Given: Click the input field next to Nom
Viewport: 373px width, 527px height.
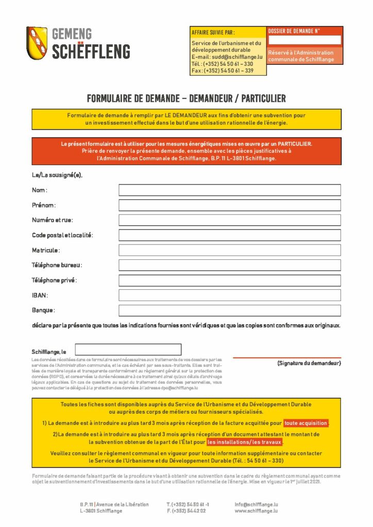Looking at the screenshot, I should point(229,190).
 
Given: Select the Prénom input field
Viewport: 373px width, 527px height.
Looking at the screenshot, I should point(229,205).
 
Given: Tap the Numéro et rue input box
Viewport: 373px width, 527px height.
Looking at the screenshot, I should point(229,220).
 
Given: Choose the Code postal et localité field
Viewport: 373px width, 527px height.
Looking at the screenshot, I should point(229,235).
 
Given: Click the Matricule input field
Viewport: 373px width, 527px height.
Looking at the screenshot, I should point(229,250).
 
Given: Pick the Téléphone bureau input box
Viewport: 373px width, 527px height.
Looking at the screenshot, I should point(229,265).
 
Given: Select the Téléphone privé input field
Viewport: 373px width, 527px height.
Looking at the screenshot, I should point(229,280).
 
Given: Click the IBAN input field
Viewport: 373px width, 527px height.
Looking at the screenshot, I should point(229,295).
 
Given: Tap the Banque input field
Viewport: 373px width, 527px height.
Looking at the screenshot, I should point(229,310).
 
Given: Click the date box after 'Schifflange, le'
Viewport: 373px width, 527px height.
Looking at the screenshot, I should point(128,349).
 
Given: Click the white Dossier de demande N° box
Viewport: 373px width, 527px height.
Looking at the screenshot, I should point(304,40).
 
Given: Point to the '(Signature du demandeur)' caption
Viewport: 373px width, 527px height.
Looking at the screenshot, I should point(309,363).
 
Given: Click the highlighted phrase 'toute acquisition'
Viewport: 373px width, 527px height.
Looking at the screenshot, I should point(306,423).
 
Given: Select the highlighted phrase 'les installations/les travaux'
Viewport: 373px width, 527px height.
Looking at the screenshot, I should point(245,442).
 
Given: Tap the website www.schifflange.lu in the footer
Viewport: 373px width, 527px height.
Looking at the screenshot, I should point(256,511).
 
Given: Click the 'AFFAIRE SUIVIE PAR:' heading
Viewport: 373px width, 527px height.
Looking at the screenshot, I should point(213,33).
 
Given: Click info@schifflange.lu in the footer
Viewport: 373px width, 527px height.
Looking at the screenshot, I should point(256,504).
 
